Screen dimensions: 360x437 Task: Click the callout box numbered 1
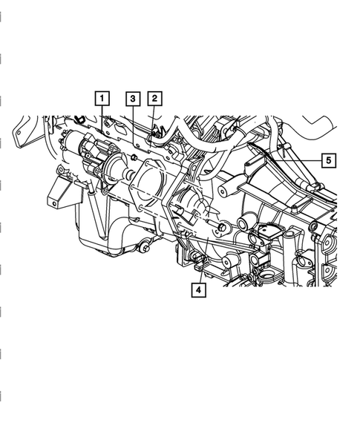pyautogui.click(x=102, y=98)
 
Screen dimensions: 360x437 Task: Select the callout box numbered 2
pyautogui.click(x=155, y=98)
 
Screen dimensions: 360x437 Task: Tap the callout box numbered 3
pyautogui.click(x=133, y=99)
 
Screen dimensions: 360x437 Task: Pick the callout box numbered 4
pyautogui.click(x=198, y=290)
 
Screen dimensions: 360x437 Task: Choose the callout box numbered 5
pyautogui.click(x=329, y=160)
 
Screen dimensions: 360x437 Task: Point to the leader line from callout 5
pyautogui.click(x=298, y=161)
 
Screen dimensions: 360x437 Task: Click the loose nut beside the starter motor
pyautogui.click(x=134, y=158)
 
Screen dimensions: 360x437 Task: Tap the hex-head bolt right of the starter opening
pyautogui.click(x=221, y=227)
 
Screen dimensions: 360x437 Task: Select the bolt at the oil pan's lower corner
pyautogui.click(x=145, y=248)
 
